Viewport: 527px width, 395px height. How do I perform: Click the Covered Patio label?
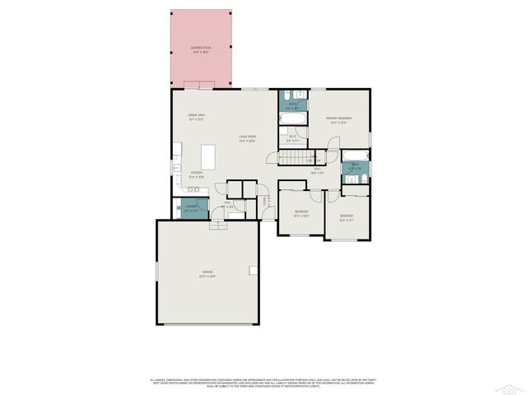(x=200, y=49)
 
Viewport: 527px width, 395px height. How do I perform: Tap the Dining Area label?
(x=196, y=117)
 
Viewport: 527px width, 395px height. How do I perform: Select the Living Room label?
(x=247, y=138)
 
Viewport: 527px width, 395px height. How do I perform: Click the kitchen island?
(x=209, y=156)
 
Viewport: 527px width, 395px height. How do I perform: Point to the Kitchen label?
(x=196, y=175)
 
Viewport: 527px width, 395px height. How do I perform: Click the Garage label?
(x=207, y=275)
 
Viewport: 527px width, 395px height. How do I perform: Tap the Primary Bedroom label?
(x=338, y=120)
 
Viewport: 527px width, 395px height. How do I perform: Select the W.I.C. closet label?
(x=292, y=138)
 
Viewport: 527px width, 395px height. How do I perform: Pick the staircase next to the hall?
(x=307, y=159)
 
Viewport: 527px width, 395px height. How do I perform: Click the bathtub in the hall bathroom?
(x=355, y=156)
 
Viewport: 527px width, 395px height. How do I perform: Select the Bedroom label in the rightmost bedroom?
(x=346, y=219)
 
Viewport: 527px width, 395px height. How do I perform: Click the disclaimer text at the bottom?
(x=263, y=382)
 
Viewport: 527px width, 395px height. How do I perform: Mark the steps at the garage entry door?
(x=218, y=225)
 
